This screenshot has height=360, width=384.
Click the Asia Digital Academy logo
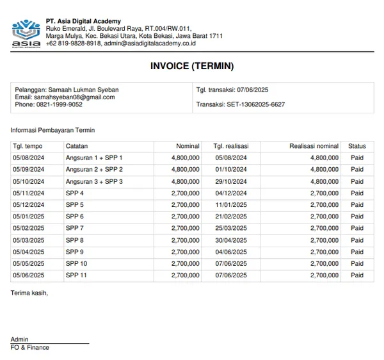(26, 33)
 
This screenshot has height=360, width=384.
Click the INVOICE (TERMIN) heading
(192, 66)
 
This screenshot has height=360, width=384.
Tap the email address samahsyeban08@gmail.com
(65, 97)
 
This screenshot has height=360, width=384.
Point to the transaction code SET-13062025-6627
(241, 104)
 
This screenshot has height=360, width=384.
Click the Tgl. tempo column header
(28, 146)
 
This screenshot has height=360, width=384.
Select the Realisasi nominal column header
(314, 146)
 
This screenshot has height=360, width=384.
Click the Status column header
(357, 146)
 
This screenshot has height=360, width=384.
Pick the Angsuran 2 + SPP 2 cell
(94, 170)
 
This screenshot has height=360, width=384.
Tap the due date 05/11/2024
(29, 193)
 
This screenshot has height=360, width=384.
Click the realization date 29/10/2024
(231, 181)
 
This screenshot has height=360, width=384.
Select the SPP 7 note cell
(75, 228)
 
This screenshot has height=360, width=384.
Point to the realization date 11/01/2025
(231, 205)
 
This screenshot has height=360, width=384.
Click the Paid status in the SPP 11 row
(357, 275)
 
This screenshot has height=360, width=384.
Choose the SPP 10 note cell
(76, 263)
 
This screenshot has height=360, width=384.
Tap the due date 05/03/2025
(29, 240)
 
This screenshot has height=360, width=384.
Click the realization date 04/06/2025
(231, 252)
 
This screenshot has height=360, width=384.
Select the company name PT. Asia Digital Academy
(83, 21)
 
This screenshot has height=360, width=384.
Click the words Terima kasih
(29, 293)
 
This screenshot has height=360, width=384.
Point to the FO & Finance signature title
(30, 348)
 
